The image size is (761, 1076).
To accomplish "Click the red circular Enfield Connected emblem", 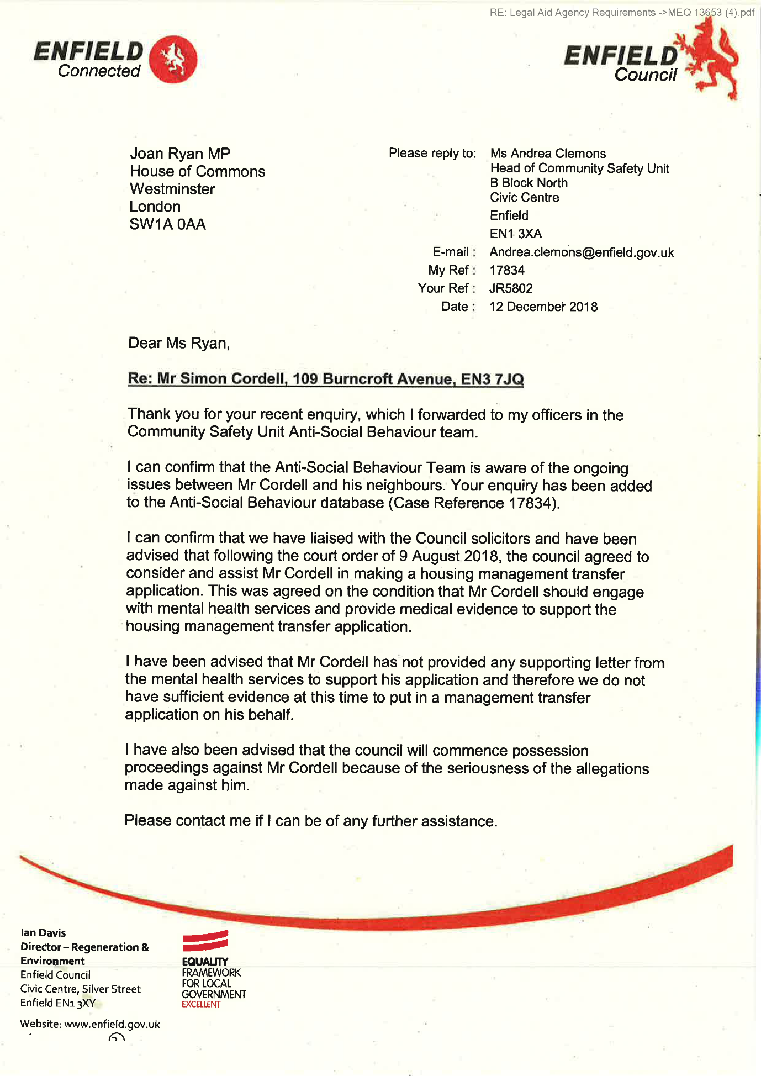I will tap(173, 59).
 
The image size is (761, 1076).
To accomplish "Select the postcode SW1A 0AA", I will tap(167, 224).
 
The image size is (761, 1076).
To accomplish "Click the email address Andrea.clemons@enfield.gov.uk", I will tap(582, 252).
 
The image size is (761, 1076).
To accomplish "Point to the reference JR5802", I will tap(511, 288).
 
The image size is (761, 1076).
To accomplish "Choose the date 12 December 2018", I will tap(543, 307).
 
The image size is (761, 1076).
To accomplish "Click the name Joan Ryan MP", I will tap(180, 154).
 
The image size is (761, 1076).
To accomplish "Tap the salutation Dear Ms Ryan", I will tap(178, 343).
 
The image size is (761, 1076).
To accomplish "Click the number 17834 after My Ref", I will tap(507, 270).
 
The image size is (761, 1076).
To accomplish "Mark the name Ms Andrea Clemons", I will tap(548, 154).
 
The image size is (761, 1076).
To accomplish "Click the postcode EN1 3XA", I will tap(516, 234).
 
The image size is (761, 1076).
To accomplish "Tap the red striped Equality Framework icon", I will tap(205, 940).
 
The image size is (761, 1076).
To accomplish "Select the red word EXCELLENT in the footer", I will tap(201, 1004).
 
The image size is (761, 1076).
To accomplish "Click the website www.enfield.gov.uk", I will tap(112, 1024).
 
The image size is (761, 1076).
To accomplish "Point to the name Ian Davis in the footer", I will tap(43, 933).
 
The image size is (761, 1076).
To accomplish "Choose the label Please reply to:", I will tap(432, 153).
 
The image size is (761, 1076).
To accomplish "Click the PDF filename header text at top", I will tap(621, 12).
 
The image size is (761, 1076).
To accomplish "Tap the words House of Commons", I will tap(197, 171).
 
